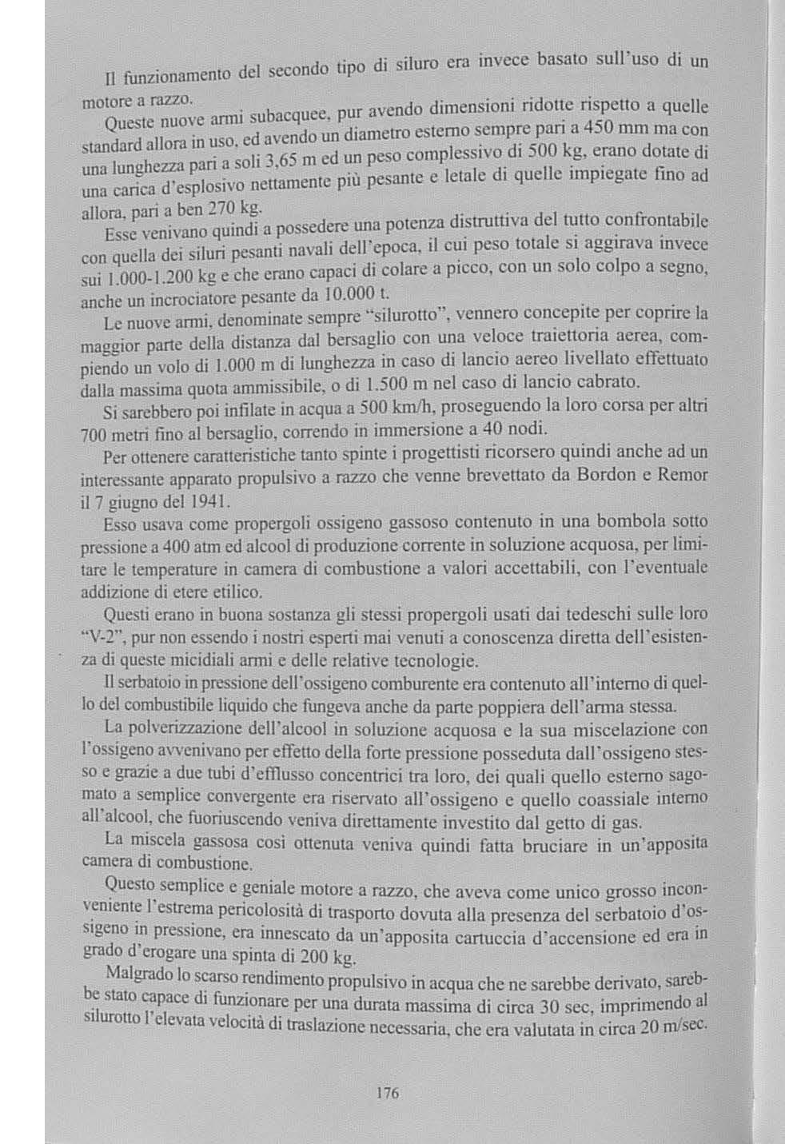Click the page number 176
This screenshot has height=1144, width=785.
tap(388, 1093)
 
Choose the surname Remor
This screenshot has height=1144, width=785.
tap(682, 474)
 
